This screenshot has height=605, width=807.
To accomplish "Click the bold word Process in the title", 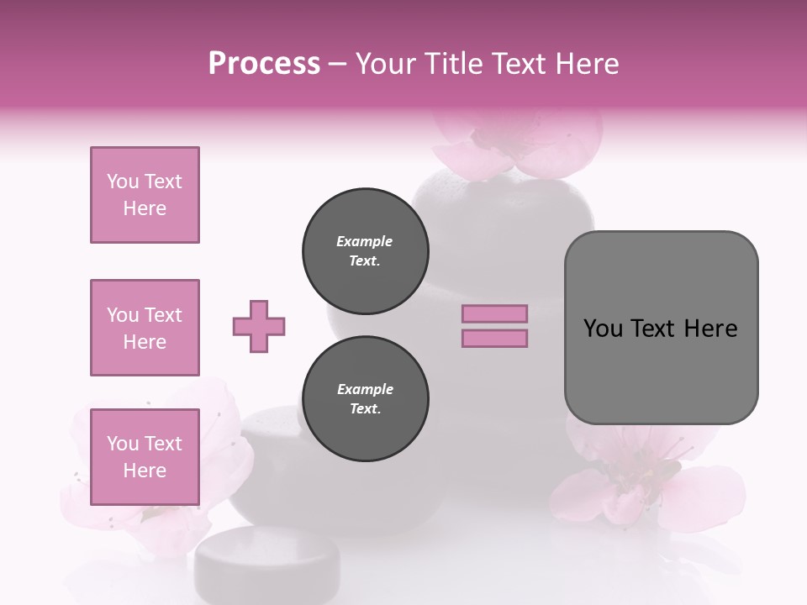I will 264,64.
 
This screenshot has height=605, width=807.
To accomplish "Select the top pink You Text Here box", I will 145,195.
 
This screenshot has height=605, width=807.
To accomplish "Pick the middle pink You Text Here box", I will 145,328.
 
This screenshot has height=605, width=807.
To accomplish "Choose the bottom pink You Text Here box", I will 145,456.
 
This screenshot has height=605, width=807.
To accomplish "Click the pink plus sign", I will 259,326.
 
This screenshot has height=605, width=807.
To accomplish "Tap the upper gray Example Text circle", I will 365,251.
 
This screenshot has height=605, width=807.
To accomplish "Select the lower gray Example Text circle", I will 365,399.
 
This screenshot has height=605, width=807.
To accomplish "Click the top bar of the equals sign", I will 495,314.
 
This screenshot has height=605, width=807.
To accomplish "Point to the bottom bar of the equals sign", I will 495,338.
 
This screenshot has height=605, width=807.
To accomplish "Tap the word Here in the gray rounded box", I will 710,329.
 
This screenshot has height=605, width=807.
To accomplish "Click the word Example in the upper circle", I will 365,241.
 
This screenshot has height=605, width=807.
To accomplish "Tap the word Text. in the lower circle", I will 365,409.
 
